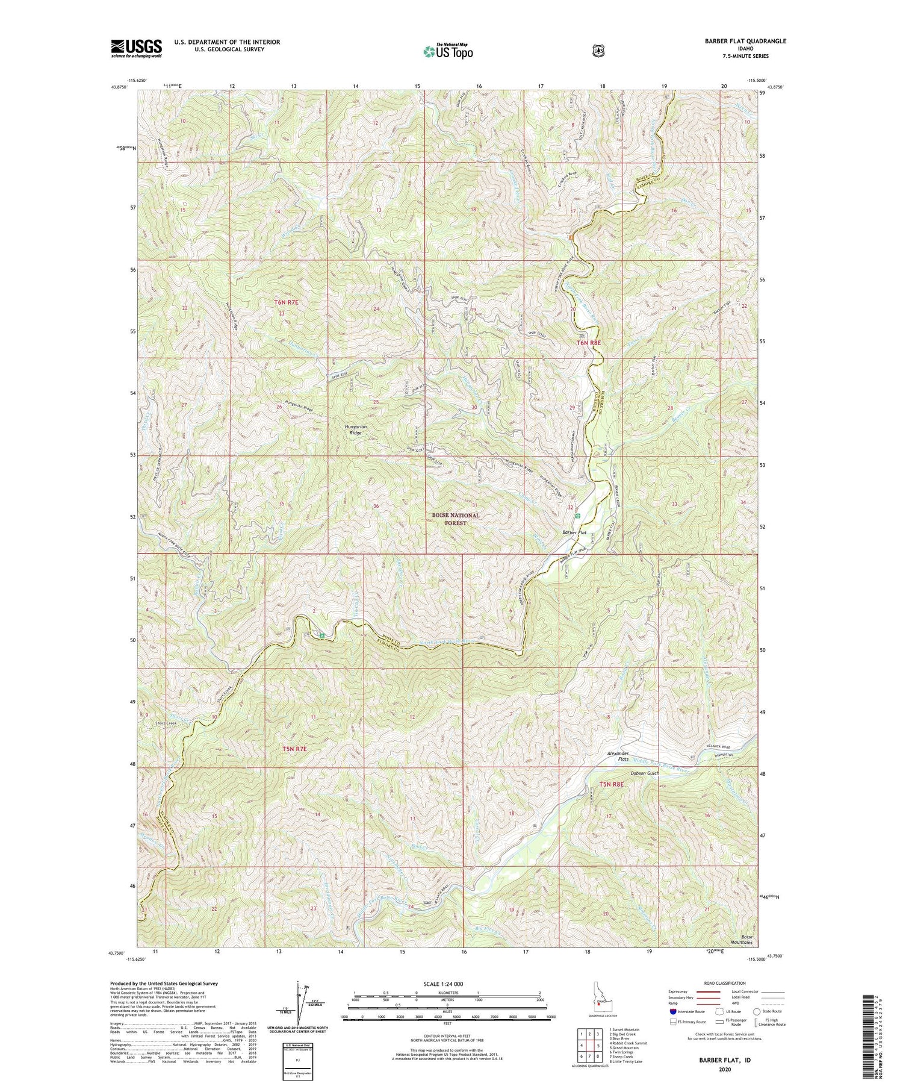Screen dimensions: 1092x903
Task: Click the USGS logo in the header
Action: pyautogui.click(x=136, y=48)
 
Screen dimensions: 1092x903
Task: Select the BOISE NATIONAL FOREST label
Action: pyautogui.click(x=455, y=519)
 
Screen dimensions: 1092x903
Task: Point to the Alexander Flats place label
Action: pyautogui.click(x=618, y=757)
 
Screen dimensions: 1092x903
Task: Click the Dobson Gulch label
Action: pyautogui.click(x=645, y=773)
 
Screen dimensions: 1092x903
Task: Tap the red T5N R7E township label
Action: pyautogui.click(x=286, y=749)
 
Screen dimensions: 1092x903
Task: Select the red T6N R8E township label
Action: pyautogui.click(x=589, y=342)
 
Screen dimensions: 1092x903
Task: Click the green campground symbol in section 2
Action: pyautogui.click(x=322, y=635)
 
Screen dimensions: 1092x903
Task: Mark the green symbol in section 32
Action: pyautogui.click(x=578, y=516)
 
